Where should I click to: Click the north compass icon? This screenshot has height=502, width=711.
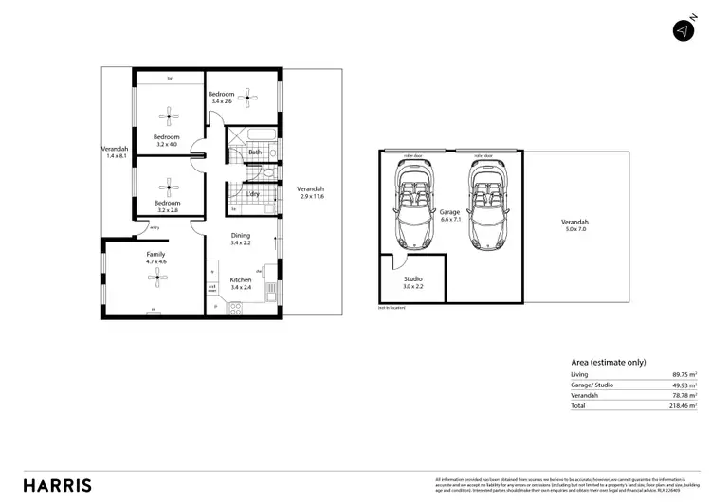coord(683,30)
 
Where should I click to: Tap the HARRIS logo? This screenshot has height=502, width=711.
coord(58,484)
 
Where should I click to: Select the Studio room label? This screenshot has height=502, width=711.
coord(413,282)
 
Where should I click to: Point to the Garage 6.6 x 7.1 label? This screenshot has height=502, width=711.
coord(450,216)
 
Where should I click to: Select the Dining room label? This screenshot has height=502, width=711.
coord(240,240)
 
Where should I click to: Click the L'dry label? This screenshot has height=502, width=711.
coord(254,194)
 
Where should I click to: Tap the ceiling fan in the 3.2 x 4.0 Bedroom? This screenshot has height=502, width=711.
coord(168,117)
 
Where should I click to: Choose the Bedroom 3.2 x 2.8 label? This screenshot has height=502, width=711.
coord(168,206)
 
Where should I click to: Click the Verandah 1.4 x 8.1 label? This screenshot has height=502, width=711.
coord(116,152)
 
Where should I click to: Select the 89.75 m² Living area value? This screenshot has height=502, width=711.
coord(681,375)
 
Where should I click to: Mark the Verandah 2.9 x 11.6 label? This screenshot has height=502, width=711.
coord(312,192)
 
